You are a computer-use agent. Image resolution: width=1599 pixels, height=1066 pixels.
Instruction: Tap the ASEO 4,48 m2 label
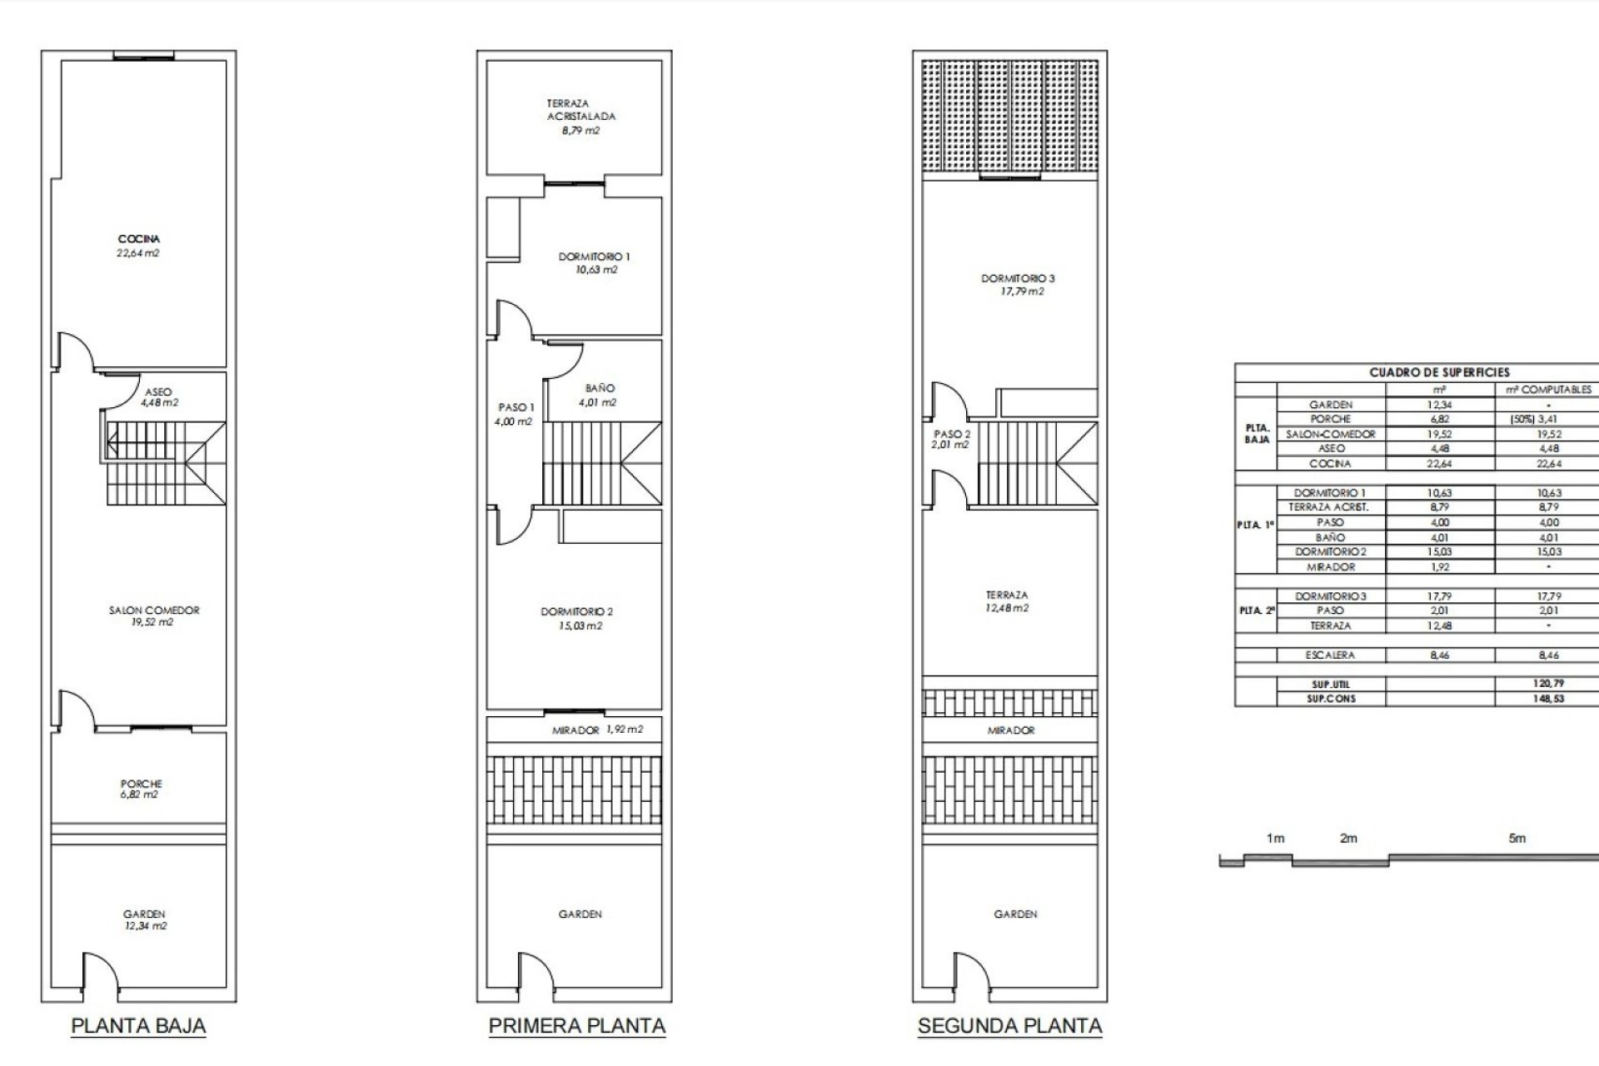158,397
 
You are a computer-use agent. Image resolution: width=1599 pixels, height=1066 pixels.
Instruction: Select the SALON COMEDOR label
154,616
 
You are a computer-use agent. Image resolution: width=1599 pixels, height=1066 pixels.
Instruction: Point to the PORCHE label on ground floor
141,789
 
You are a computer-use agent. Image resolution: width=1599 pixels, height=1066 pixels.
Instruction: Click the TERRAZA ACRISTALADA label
581,117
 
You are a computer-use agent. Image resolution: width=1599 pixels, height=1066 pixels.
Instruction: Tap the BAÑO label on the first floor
599,395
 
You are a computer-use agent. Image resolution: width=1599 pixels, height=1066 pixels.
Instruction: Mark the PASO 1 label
516,414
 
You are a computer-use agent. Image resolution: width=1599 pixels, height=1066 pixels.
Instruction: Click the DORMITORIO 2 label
576,618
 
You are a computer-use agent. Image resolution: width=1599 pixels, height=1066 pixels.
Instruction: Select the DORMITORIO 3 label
1018,285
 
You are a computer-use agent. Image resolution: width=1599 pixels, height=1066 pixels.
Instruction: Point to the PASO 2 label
951,439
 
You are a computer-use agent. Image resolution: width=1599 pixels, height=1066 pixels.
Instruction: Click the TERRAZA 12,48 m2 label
1007,601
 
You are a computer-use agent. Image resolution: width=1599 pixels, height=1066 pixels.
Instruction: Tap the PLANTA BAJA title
138,1026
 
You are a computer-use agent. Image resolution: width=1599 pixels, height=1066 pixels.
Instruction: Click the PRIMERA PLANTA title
577,1026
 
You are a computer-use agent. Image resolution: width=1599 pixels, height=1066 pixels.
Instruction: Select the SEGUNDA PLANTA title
1010,1026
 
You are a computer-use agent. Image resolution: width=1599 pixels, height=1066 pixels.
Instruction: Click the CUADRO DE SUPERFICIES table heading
1439,372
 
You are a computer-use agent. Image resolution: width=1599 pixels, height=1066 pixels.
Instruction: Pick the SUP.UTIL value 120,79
1548,684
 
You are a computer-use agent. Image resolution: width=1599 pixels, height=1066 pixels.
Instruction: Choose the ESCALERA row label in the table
1330,655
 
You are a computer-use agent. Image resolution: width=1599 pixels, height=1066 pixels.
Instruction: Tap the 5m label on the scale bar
1517,839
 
